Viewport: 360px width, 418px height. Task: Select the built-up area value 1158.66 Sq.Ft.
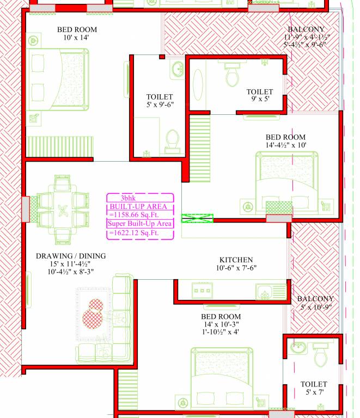tap(139, 215)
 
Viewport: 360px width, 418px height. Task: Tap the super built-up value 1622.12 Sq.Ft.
tap(134, 233)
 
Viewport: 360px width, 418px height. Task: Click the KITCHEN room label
tap(236, 260)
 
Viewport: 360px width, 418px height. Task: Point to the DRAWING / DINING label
tap(71, 256)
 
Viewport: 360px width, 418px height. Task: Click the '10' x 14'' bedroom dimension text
tap(76, 38)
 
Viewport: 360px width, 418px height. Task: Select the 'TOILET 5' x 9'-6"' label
tap(160, 101)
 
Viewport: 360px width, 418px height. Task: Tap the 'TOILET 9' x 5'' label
tap(259, 96)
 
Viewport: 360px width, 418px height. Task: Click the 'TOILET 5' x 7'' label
tap(314, 388)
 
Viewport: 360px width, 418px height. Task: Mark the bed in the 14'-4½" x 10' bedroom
tap(286, 182)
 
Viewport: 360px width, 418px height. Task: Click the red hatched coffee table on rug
tap(93, 313)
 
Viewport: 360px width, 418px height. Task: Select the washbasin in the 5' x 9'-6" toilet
tap(177, 69)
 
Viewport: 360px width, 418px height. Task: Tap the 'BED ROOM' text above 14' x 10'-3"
tap(221, 316)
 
